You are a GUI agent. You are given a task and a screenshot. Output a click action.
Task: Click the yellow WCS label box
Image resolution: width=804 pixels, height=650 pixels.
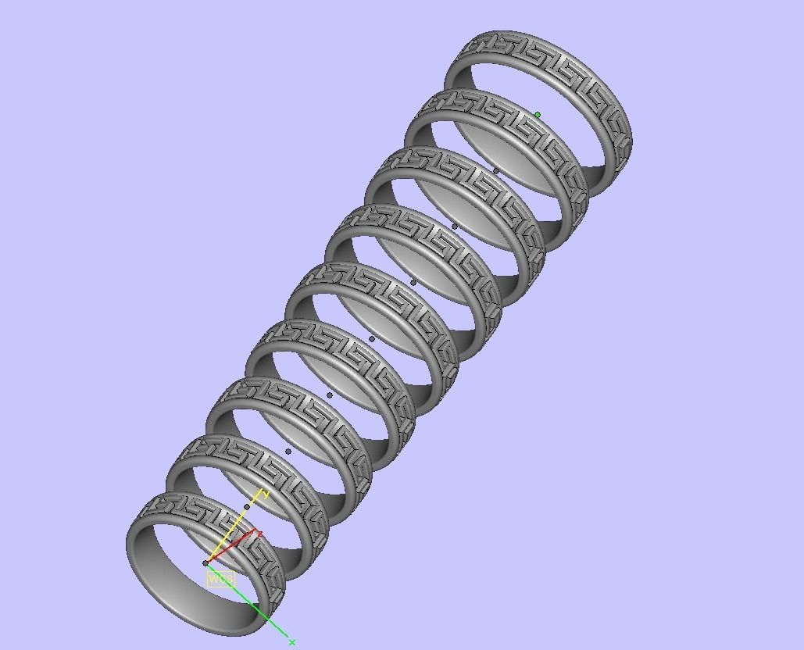(220, 579)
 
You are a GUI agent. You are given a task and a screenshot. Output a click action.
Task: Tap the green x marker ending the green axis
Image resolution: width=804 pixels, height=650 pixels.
(292, 642)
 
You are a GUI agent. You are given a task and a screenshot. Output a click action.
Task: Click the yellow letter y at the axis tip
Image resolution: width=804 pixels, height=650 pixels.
(266, 494)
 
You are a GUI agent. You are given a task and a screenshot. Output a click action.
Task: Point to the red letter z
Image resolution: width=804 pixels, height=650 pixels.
(259, 534)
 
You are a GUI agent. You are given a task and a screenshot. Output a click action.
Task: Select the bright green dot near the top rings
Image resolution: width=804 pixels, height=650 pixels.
(538, 115)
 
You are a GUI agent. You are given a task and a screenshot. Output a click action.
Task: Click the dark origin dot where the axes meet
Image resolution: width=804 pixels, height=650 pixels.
(205, 562)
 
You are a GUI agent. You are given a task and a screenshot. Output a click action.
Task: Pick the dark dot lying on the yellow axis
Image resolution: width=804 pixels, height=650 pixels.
(247, 507)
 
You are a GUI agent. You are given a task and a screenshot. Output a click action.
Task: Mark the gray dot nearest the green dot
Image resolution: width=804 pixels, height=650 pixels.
(496, 170)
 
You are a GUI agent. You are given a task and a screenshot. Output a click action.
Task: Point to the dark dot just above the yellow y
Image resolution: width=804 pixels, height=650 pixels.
(288, 451)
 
